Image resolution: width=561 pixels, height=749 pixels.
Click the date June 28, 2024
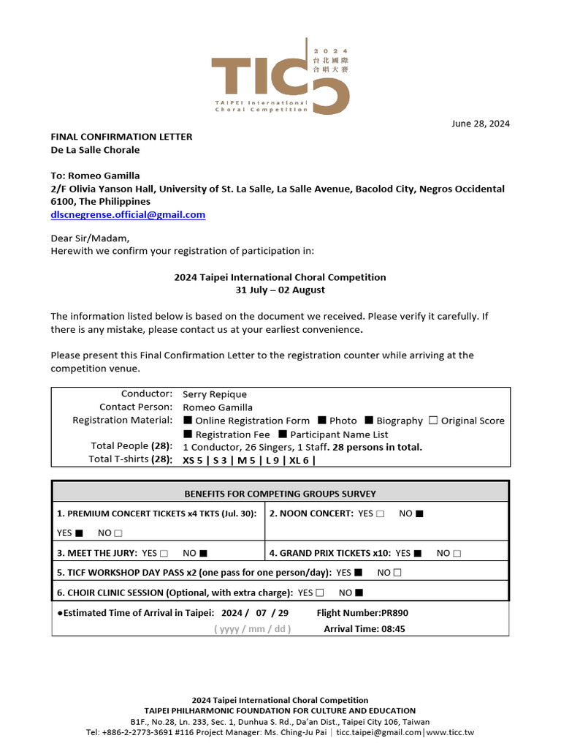tap(479, 123)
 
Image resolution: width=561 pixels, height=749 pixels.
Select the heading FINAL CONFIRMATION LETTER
tap(121, 136)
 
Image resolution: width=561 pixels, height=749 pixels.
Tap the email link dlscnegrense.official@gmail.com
tap(128, 214)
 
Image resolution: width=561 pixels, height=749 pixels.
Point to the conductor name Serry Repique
tap(215, 394)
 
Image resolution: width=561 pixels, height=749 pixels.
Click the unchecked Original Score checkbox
tap(433, 421)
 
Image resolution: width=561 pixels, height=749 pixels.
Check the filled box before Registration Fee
tap(188, 434)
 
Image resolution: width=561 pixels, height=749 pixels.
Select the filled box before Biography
tap(369, 421)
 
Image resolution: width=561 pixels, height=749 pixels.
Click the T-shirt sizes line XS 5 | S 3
tap(248, 460)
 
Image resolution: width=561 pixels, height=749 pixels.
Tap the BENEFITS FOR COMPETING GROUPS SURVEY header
tap(280, 493)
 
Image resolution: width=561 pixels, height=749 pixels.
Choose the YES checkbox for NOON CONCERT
tap(381, 513)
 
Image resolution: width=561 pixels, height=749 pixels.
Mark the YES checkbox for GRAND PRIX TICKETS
tap(418, 553)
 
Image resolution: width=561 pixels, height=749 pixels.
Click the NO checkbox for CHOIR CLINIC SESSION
tap(359, 592)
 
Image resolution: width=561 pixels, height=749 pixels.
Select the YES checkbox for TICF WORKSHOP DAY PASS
tap(358, 573)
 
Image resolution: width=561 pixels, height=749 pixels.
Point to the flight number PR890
tap(367, 613)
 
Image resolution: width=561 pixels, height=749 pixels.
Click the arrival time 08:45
tap(365, 628)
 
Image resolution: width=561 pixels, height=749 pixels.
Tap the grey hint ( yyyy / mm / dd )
tap(252, 629)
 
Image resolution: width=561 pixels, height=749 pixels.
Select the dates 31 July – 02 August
tap(280, 290)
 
